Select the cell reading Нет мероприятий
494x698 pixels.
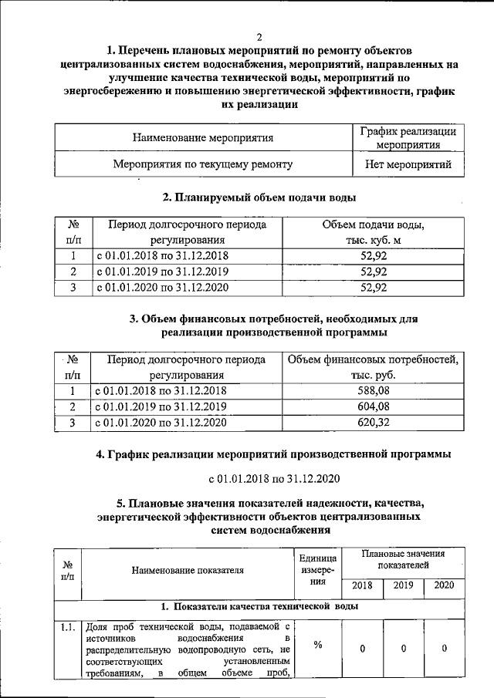pos(409,164)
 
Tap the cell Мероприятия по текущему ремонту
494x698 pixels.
pos(203,164)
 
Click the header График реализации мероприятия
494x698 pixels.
pos(409,138)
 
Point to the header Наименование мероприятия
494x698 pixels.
pos(203,139)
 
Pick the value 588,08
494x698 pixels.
pos(373,391)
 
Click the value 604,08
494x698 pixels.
pos(373,406)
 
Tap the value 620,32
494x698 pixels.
pos(373,422)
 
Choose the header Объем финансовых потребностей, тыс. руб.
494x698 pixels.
pos(373,367)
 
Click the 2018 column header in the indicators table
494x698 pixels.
pos(362,585)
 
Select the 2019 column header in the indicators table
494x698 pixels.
pos(403,585)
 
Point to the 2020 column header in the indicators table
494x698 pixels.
pos(444,585)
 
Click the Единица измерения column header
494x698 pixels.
pos(317,571)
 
